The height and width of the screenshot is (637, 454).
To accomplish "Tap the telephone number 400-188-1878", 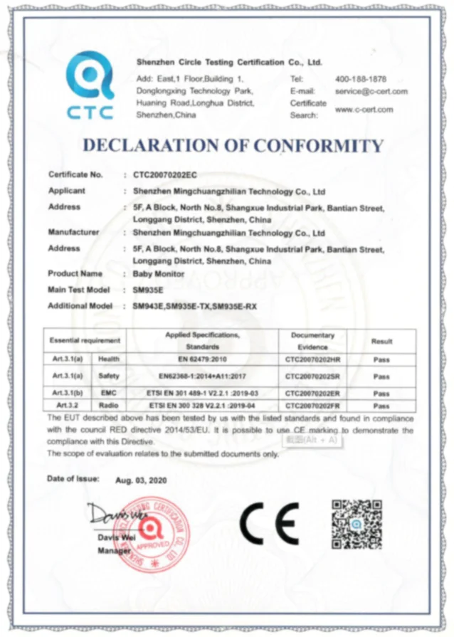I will click(x=361, y=78).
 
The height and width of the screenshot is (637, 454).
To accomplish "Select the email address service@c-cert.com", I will click(x=371, y=91).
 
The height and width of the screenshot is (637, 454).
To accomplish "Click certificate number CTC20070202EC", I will click(x=166, y=174).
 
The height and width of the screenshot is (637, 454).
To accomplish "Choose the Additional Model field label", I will click(x=80, y=306).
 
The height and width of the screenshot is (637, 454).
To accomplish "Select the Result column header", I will click(x=381, y=341).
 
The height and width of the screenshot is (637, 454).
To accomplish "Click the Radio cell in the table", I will click(x=107, y=404).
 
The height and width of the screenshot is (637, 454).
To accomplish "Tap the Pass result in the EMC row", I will click(x=381, y=393).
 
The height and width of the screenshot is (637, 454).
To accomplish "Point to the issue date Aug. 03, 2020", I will click(x=141, y=480).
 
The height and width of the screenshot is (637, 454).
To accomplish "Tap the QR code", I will click(x=357, y=525).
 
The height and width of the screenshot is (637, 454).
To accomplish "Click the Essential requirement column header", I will click(x=85, y=341).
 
